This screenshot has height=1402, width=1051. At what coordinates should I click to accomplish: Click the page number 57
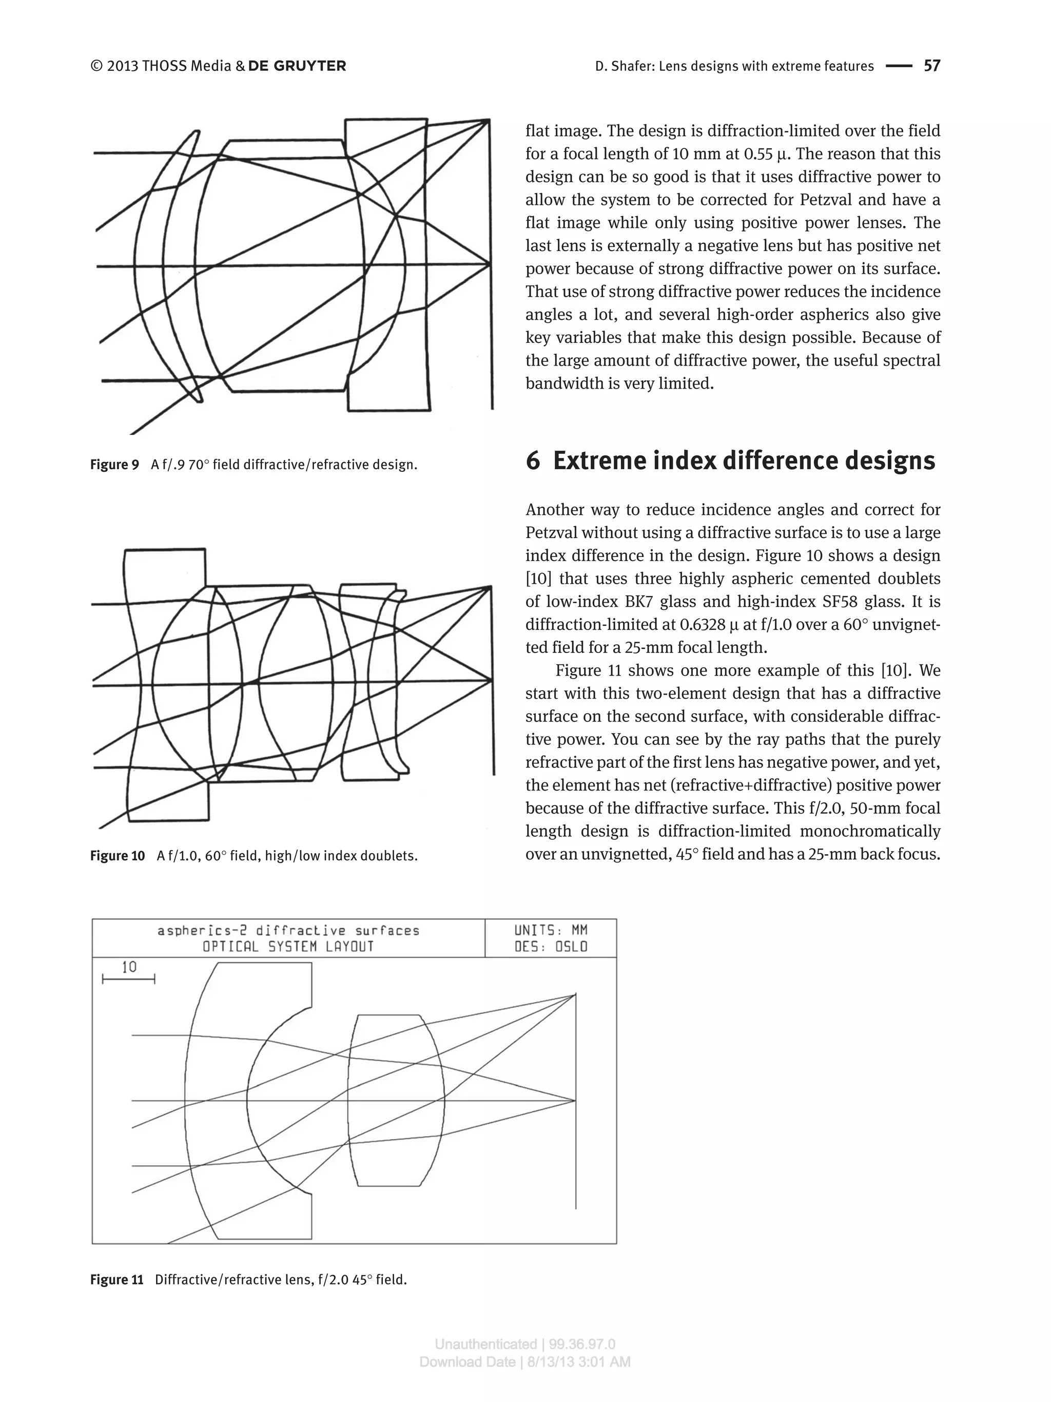pos(931,66)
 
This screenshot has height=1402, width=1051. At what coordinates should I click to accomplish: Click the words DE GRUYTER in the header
pos(297,66)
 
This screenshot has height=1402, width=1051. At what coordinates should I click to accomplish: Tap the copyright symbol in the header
pos(96,66)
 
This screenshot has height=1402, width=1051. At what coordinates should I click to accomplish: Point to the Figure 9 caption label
pos(114,465)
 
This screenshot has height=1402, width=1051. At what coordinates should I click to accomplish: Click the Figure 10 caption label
pos(117,856)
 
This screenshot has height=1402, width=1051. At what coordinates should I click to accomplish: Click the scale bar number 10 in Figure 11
pos(129,967)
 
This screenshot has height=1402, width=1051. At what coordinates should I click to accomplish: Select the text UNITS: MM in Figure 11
pos(551,930)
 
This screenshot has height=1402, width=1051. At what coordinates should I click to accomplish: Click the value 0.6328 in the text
pos(702,624)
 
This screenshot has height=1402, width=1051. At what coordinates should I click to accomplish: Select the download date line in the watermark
pos(524,1362)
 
